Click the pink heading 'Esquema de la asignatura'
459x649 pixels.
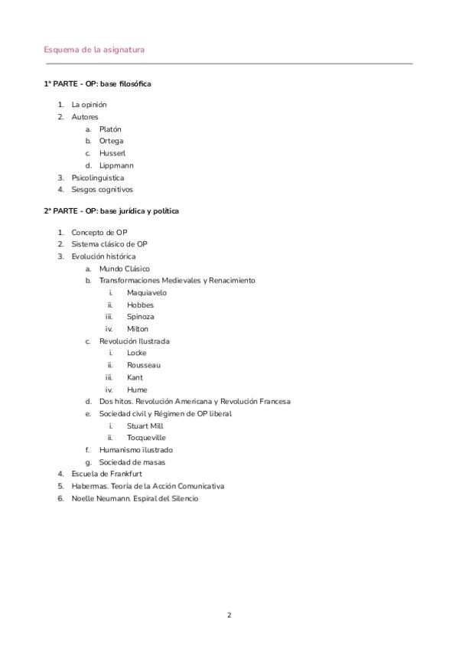(95, 50)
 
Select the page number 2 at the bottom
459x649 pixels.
(229, 615)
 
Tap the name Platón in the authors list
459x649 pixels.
(110, 129)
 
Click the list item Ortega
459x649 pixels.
(111, 141)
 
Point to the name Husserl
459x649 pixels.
(112, 153)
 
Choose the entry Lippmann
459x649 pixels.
(116, 165)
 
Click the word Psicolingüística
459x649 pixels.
(97, 178)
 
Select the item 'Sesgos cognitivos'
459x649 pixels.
(102, 189)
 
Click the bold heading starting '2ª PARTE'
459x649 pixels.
(112, 210)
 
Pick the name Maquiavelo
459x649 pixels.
(146, 292)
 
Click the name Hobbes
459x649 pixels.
(140, 305)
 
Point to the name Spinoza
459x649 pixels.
(141, 316)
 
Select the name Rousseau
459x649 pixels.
(144, 365)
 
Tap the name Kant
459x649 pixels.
(135, 377)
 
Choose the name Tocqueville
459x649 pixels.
(146, 438)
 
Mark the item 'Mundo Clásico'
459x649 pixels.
(125, 269)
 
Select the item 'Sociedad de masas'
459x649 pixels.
(132, 462)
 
